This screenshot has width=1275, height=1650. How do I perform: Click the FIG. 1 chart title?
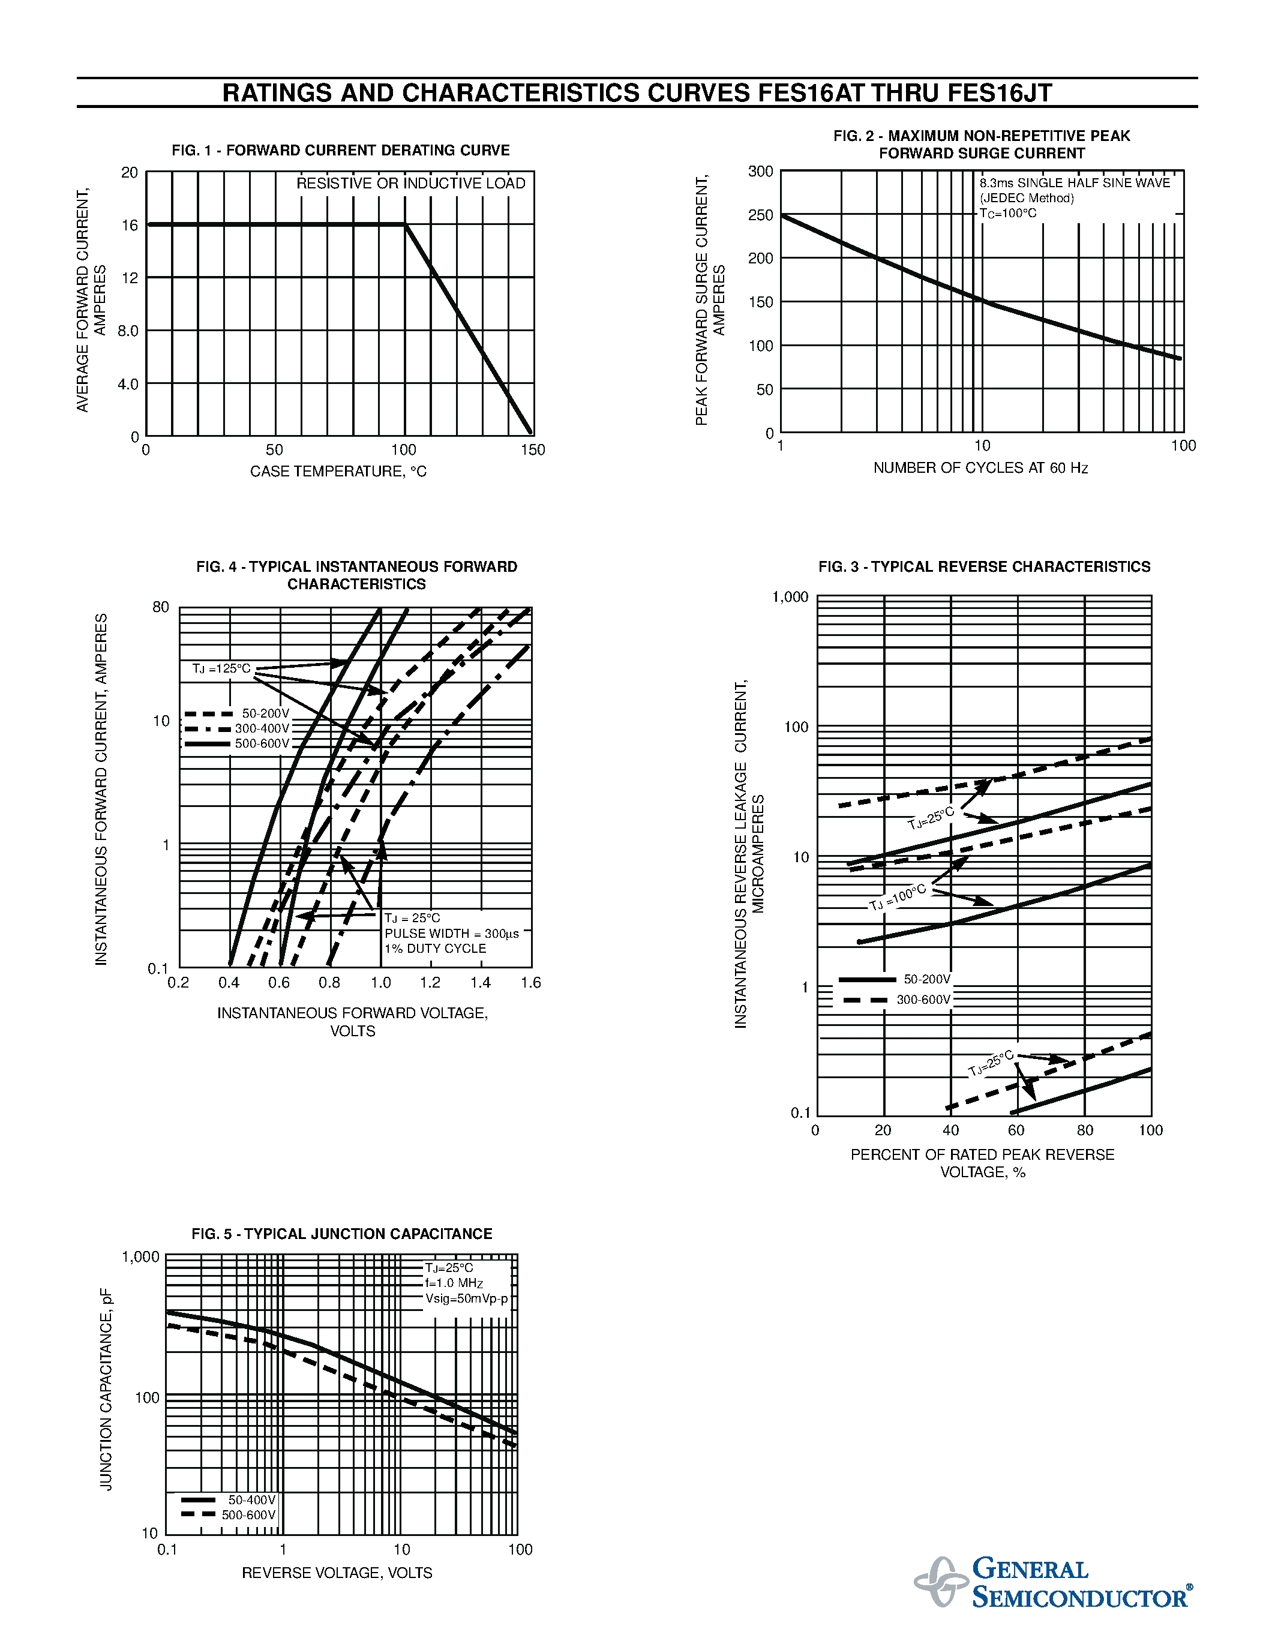[341, 151]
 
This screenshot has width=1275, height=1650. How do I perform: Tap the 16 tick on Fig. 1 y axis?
[130, 225]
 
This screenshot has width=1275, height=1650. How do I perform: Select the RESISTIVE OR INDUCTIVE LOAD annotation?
[410, 184]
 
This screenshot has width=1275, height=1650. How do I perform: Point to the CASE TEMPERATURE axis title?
[338, 472]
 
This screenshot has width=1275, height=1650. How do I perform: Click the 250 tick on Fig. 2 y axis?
[761, 215]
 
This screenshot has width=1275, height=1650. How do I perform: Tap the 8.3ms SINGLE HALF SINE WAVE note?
[1074, 184]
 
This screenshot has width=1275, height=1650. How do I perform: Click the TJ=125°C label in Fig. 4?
[221, 668]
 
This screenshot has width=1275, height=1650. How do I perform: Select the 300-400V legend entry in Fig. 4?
[262, 729]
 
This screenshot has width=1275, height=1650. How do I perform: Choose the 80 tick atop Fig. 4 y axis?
[161, 607]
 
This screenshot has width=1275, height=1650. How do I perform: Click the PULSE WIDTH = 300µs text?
[452, 934]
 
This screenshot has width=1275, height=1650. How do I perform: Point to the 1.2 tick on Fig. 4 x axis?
[431, 983]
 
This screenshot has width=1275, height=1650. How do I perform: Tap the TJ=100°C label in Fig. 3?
[898, 897]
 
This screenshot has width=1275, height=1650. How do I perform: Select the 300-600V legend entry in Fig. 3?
[923, 1000]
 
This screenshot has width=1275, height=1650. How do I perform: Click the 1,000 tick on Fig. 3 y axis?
[790, 598]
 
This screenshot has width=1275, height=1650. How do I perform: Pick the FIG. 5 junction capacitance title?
[341, 1234]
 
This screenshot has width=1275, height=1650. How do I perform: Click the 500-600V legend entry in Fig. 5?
[248, 1515]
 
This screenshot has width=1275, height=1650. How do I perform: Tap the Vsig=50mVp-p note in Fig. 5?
[467, 1298]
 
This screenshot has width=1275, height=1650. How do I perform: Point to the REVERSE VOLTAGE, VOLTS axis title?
[337, 1573]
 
